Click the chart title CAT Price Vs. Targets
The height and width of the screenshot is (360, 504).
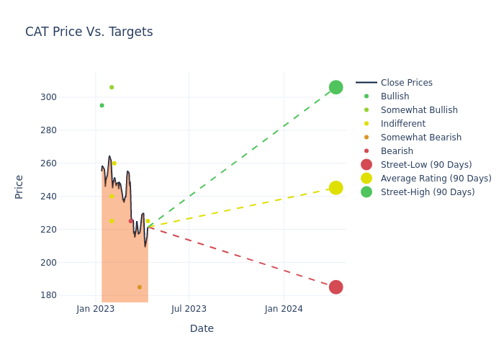tap(89, 32)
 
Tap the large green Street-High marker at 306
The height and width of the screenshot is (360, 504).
tap(336, 87)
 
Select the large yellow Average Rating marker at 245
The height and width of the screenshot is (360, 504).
tap(336, 188)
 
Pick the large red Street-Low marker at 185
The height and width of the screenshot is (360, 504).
tap(336, 287)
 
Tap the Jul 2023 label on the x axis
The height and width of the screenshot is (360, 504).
tap(189, 309)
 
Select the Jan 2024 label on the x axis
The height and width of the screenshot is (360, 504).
tap(284, 309)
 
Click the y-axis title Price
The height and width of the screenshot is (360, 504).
tap(19, 186)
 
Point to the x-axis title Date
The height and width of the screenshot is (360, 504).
tap(202, 328)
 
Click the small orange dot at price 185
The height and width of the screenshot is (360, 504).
tap(139, 287)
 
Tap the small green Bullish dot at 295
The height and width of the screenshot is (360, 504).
tap(102, 105)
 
